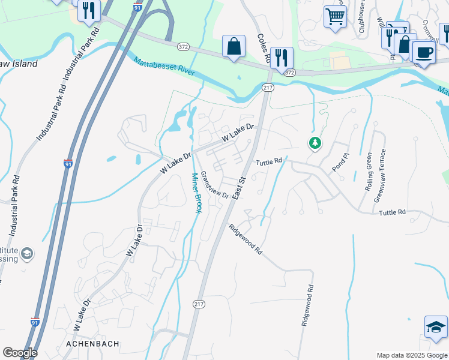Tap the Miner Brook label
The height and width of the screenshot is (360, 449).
(x=196, y=193)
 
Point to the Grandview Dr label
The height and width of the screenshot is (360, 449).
(x=214, y=185)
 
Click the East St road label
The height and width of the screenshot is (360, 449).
(x=239, y=188)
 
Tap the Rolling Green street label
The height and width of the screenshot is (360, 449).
(x=369, y=172)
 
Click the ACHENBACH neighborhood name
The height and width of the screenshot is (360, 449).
(x=92, y=343)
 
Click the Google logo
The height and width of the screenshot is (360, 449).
(x=20, y=353)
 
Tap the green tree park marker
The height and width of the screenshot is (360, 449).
(x=315, y=143)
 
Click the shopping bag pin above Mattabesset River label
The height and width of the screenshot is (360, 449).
(x=234, y=46)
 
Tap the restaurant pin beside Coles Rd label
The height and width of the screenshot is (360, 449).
(x=282, y=58)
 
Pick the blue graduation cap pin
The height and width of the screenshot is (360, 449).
(x=436, y=327)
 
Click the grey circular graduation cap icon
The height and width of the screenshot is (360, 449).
(x=26, y=254)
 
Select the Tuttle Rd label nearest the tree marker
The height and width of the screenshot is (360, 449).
(x=269, y=162)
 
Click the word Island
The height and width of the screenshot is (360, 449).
(x=25, y=64)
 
